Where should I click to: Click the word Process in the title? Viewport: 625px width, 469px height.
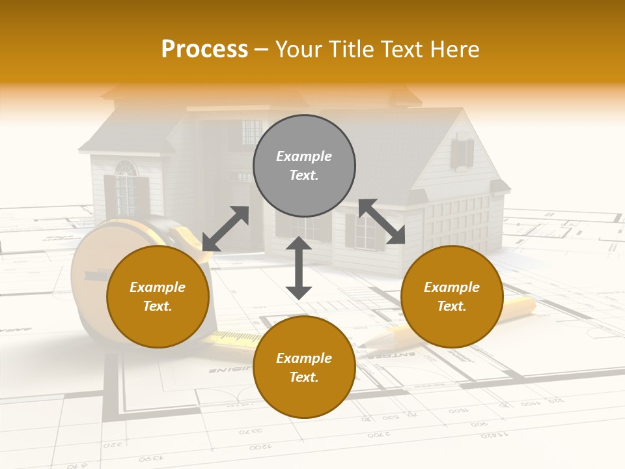[204, 49]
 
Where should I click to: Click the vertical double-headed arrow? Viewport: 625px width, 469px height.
[299, 268]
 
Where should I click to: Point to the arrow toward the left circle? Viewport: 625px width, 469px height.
[225, 229]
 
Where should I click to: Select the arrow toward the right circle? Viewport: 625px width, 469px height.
[382, 221]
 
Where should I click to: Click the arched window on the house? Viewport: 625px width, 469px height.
[126, 170]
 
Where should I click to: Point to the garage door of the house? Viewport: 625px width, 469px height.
[456, 225]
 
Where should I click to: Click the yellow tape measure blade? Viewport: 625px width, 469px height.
[234, 337]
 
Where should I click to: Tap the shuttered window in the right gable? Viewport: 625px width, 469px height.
[461, 154]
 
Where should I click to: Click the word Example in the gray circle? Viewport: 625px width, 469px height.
[304, 156]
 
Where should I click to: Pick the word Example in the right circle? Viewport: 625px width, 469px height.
[452, 287]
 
